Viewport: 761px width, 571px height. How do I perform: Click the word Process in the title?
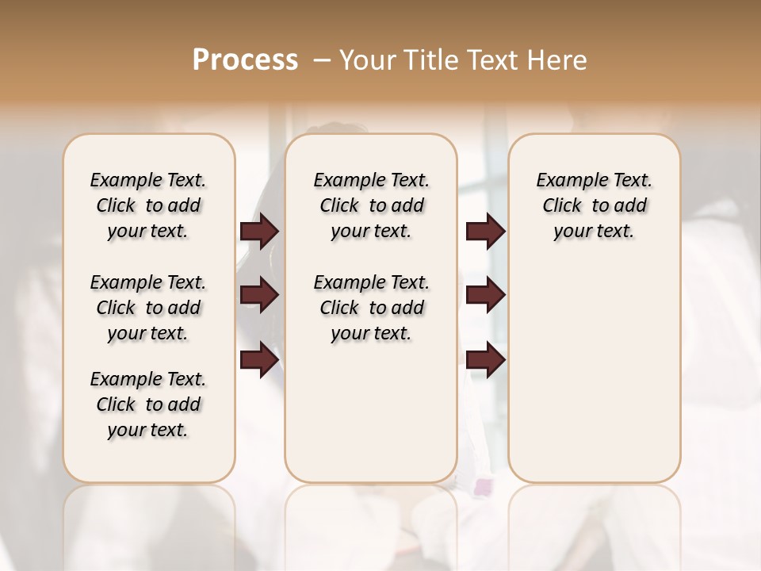[x=245, y=60]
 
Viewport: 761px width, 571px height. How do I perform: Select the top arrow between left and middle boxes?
[x=259, y=232]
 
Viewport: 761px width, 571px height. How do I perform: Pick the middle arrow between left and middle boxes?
[x=259, y=295]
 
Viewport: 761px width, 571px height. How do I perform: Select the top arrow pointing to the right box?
[x=486, y=232]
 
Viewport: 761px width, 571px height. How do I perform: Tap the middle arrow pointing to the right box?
[x=486, y=295]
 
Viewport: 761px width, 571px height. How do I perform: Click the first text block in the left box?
[x=148, y=205]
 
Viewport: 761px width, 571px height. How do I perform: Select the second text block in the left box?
[x=148, y=308]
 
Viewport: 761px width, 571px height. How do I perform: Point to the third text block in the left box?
[x=148, y=404]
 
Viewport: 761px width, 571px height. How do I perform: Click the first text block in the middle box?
[x=371, y=205]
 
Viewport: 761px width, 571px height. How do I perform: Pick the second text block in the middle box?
[x=371, y=308]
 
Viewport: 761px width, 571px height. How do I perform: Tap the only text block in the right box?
[x=594, y=205]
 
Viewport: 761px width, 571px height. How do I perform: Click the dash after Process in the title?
[x=322, y=60]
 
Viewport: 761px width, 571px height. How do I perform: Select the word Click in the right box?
[x=562, y=206]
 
